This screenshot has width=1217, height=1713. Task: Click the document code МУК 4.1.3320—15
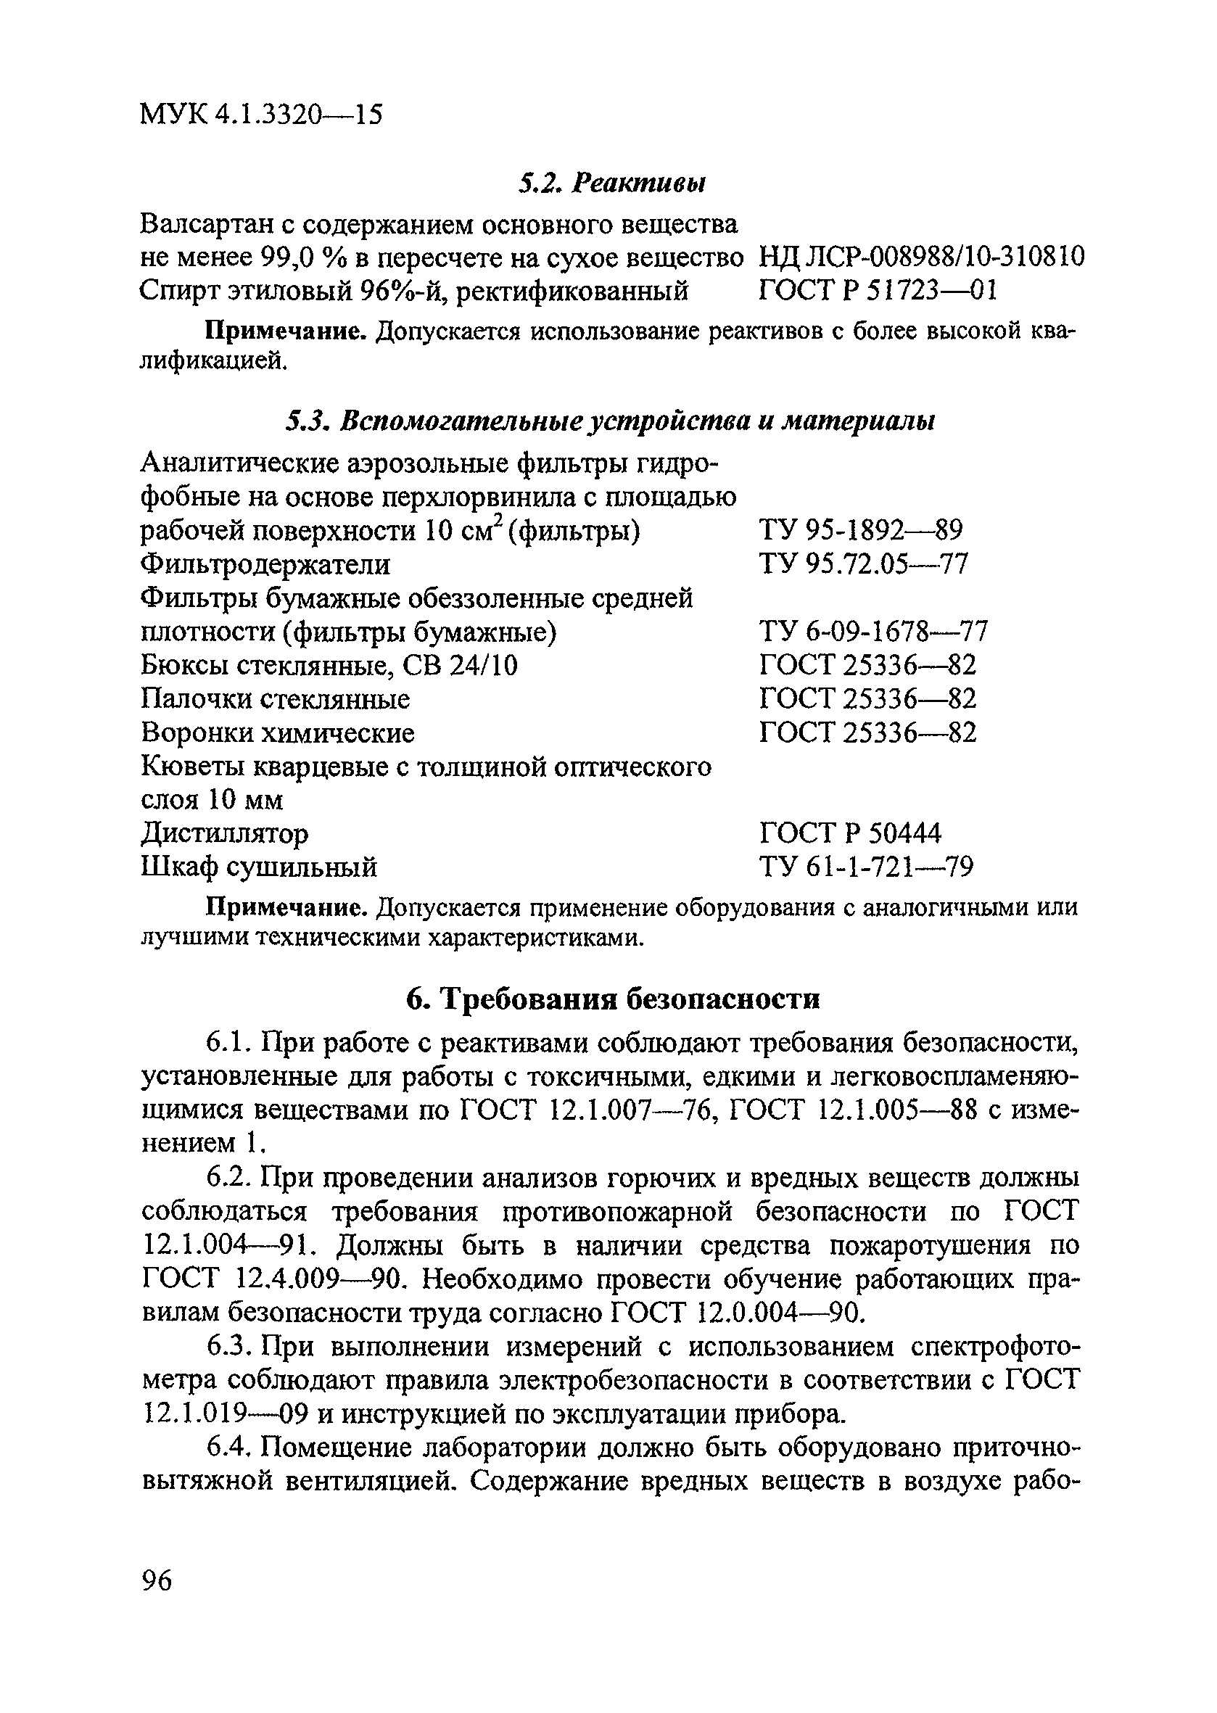click(261, 115)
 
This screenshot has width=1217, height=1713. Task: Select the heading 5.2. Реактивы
click(611, 183)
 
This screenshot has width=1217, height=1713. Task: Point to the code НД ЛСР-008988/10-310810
click(921, 257)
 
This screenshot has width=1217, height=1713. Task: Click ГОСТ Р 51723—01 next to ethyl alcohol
click(878, 290)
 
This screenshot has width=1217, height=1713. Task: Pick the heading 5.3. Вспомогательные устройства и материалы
click(611, 422)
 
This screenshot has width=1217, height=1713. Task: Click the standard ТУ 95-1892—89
click(861, 531)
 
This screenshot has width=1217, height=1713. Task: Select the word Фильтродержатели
click(266, 564)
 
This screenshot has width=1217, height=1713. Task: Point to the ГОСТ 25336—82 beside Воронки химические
click(868, 732)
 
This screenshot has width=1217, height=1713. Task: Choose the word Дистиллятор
click(225, 833)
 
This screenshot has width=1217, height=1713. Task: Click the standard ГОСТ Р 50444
click(850, 833)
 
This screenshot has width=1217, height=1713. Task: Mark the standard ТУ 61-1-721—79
click(866, 867)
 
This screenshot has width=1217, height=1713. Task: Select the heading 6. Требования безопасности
click(613, 999)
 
